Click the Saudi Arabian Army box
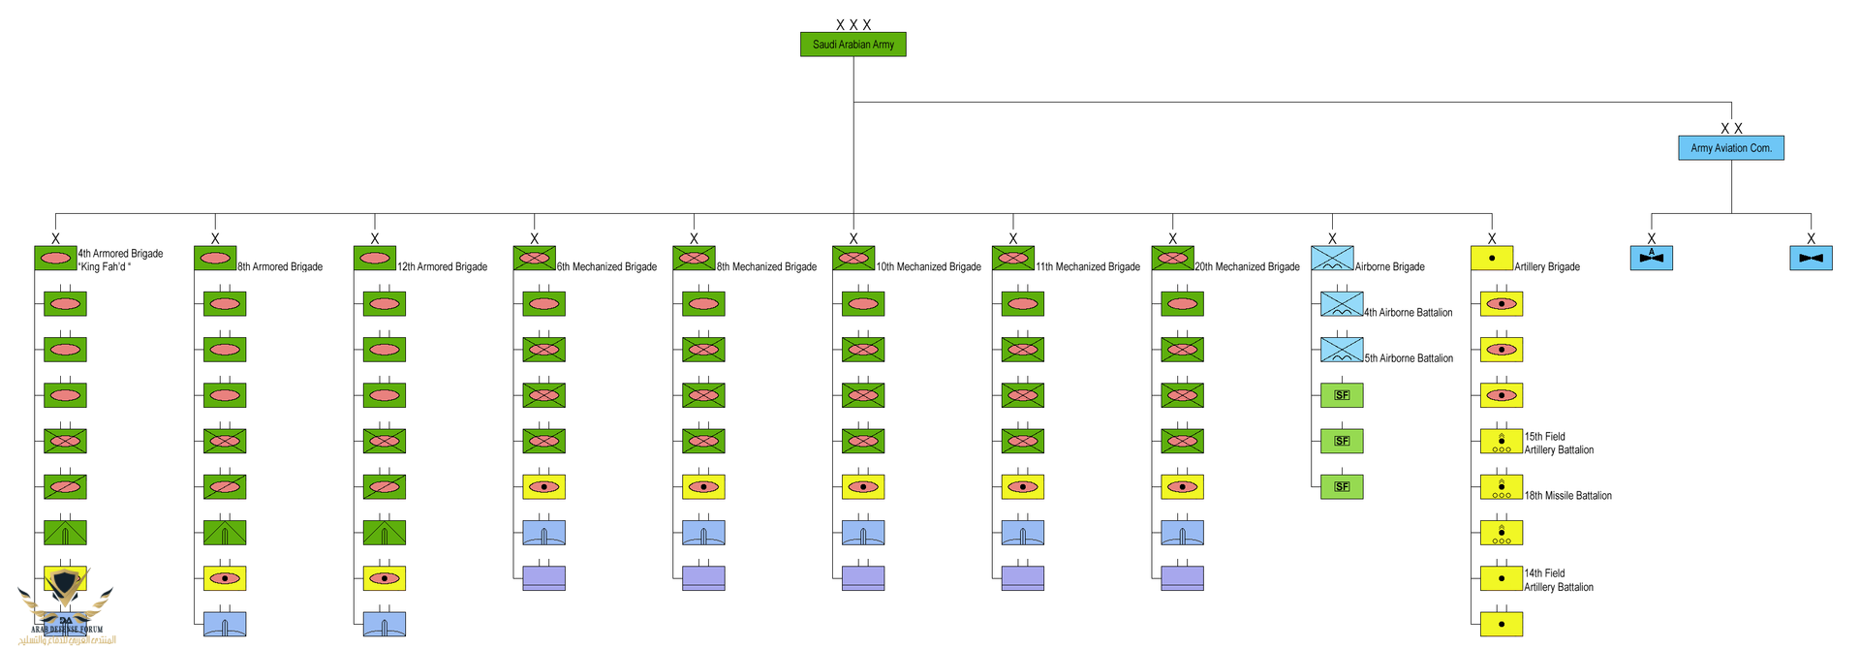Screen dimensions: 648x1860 (x=852, y=45)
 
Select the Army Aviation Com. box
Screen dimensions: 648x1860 (x=1730, y=148)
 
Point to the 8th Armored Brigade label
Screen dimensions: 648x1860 (x=280, y=266)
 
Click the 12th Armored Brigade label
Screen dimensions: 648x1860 (x=442, y=266)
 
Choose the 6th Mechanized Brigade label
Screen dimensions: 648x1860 (x=606, y=266)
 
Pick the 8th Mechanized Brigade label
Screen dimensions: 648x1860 (x=766, y=266)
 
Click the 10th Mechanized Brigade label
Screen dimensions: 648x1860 (x=928, y=266)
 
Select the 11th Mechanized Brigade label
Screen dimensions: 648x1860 (x=1087, y=266)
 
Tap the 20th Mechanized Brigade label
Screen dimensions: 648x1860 (x=1247, y=266)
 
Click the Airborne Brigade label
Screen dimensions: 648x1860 (x=1389, y=266)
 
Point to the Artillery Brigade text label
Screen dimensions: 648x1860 (x=1547, y=266)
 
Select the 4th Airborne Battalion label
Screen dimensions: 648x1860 (x=1408, y=312)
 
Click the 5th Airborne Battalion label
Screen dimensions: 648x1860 (x=1409, y=358)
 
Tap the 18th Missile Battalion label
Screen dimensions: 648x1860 (x=1567, y=496)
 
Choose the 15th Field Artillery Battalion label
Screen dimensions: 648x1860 (x=1558, y=444)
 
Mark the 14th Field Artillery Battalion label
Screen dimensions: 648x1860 (x=1558, y=580)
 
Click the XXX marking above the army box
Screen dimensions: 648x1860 (x=852, y=24)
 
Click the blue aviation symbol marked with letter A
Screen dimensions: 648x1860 (x=1652, y=258)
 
